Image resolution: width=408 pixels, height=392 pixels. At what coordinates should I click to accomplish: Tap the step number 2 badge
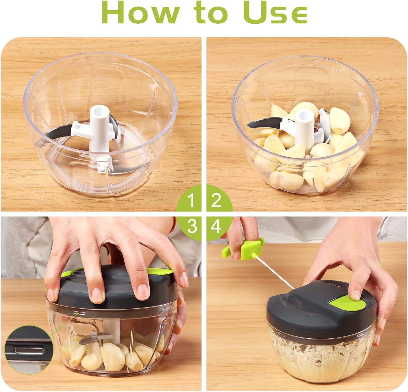click(216, 200)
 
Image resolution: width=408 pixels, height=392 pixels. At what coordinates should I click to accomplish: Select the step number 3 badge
click(192, 226)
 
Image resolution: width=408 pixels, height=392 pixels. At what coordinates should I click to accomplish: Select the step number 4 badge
click(216, 226)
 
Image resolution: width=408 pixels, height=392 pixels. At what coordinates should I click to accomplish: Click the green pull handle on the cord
click(243, 249)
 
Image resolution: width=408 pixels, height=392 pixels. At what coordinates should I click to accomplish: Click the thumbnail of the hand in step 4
click(377, 340)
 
